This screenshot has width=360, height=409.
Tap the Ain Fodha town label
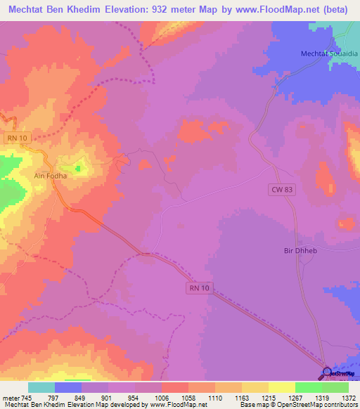pos(50,176)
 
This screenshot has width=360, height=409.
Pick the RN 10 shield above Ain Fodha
pos(17,138)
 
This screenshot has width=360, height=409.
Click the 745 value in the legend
pos(27,397)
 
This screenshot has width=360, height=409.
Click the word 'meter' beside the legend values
pos(9,397)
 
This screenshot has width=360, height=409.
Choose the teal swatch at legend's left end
pos(41,387)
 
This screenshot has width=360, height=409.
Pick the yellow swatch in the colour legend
pos(281,387)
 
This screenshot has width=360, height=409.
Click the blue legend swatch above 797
pos(67,387)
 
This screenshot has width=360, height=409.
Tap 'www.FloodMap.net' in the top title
pos(281,9)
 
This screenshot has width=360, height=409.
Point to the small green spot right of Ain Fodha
pos(79,167)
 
